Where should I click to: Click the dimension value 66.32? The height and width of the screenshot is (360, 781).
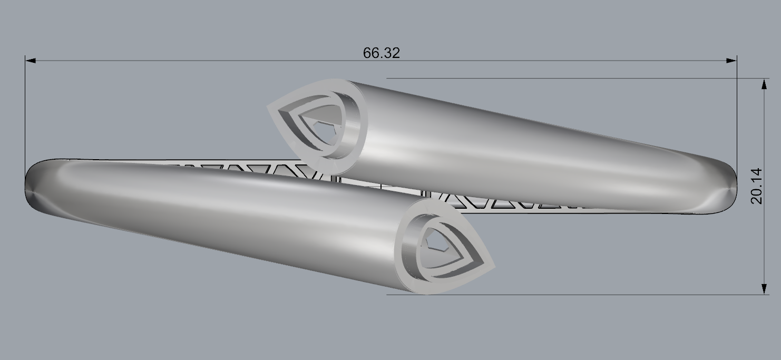[x=381, y=53]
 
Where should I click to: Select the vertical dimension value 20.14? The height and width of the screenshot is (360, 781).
[x=757, y=186]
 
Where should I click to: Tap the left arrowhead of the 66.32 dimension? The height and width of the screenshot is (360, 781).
[x=31, y=61]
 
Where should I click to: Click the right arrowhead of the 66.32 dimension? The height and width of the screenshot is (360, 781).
[x=731, y=61]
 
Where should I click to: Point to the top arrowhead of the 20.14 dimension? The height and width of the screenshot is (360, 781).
[x=764, y=84]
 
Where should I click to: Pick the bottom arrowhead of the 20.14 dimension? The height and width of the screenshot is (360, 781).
[x=764, y=289]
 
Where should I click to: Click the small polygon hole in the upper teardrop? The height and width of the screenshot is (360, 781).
[x=324, y=132]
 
